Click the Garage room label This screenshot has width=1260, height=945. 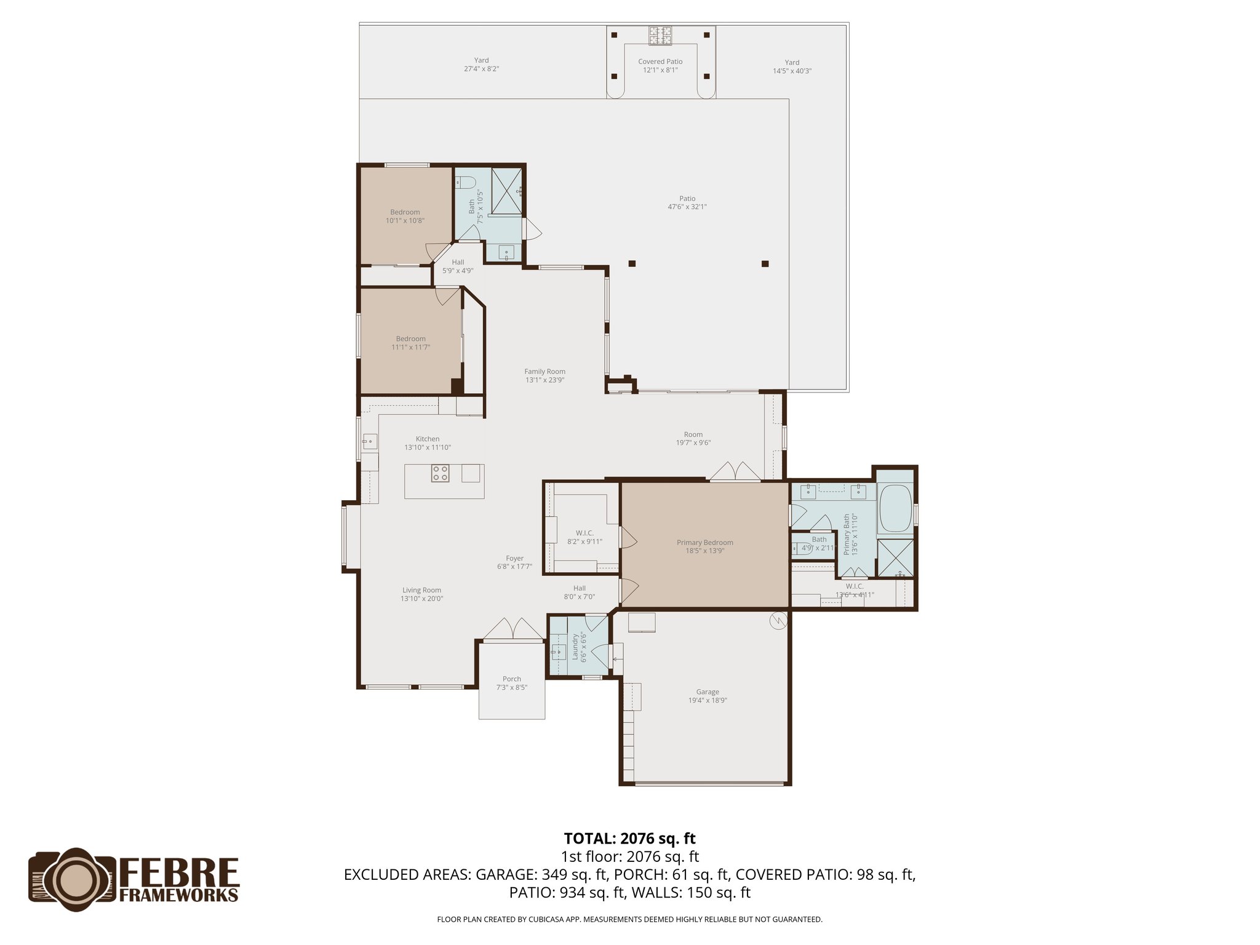708,696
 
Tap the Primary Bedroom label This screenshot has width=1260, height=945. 704,546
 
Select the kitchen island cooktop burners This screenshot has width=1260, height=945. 440,472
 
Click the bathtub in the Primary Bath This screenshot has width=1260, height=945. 895,509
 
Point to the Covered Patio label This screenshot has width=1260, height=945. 660,66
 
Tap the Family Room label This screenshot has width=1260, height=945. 544,375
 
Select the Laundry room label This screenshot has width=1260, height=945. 579,647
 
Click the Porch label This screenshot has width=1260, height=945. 512,683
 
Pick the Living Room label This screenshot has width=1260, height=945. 421,594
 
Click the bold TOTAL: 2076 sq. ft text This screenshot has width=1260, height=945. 629,838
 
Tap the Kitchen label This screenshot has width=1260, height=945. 428,443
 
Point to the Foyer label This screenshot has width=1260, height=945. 514,562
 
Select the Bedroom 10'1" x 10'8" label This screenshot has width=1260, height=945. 405,216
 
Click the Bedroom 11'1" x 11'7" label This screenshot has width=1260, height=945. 410,343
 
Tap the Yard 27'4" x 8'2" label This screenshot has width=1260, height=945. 481,65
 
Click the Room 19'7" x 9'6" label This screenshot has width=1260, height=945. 693,438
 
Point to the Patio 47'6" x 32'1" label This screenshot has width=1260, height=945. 687,202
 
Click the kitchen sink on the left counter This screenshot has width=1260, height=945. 369,440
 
